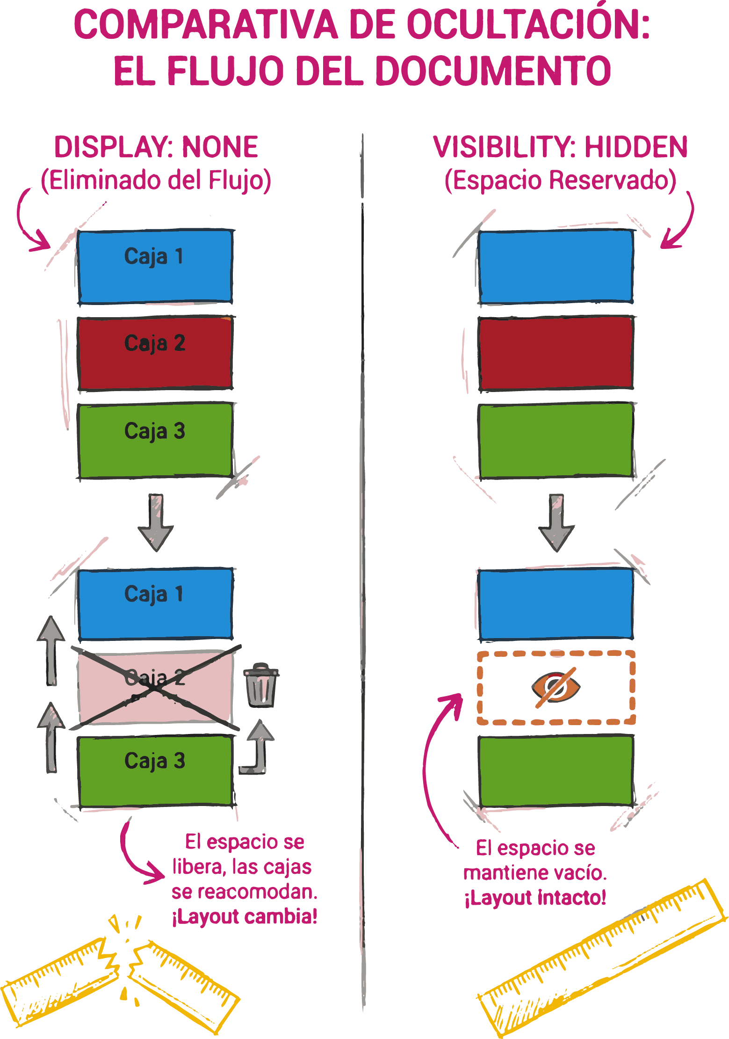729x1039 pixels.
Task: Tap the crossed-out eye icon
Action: [556, 687]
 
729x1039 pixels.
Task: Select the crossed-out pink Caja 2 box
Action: [155, 687]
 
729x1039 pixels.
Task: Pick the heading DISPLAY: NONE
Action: [156, 147]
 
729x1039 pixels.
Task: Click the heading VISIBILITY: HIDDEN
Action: [560, 147]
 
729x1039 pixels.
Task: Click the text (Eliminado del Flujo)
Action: [156, 181]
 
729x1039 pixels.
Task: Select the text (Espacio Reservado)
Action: [560, 181]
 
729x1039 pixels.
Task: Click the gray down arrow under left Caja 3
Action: [156, 522]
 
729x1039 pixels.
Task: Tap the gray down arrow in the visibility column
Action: [556, 522]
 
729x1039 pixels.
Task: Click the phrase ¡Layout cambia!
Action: [245, 916]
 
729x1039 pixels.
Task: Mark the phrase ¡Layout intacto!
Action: [535, 897]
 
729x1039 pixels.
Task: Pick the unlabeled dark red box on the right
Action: [556, 353]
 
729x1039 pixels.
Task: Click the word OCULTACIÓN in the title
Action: [527, 26]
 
